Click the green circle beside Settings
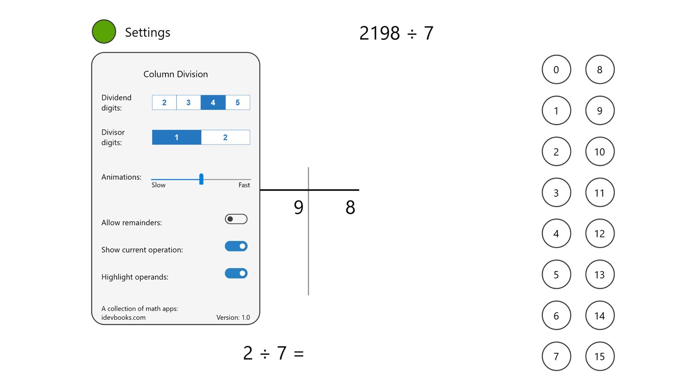point(104,32)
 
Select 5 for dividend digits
point(237,102)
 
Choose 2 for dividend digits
point(164,102)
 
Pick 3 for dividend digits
point(189,102)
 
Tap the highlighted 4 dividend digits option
point(213,102)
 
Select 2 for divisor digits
point(225,137)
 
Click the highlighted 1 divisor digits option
point(176,137)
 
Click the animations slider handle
point(201,179)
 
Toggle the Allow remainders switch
point(236,219)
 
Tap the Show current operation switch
point(236,246)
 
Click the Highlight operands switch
point(236,273)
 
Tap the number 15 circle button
point(600,356)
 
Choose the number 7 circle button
point(556,356)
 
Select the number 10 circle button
point(600,152)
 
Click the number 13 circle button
point(600,274)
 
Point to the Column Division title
point(176,74)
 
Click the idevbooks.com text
point(123,318)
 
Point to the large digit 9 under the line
point(299,207)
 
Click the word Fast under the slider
point(244,185)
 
